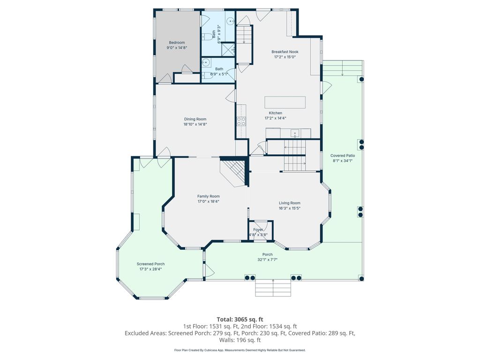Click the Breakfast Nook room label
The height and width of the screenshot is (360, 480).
(285, 52)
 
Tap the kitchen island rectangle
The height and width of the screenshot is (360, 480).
(285, 102)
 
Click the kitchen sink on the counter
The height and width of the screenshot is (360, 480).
(294, 132)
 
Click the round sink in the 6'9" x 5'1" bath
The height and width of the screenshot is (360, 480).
(205, 62)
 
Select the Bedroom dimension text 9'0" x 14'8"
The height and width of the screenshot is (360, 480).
(177, 48)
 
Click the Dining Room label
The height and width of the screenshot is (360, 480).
(195, 119)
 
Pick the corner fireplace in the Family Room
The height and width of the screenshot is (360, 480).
(234, 171)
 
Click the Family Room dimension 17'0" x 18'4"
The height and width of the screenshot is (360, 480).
(208, 202)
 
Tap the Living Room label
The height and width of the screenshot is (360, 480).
(289, 203)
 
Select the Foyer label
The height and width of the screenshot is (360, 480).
(258, 230)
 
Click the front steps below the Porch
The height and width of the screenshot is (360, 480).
(272, 288)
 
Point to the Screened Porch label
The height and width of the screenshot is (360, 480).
(150, 264)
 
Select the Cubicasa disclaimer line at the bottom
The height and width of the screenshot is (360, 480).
(240, 350)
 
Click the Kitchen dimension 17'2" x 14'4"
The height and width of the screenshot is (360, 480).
(275, 118)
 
